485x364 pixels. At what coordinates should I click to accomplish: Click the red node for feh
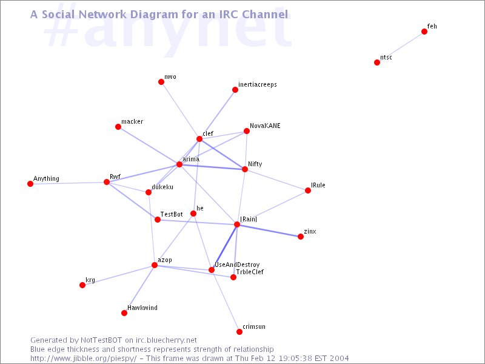424,32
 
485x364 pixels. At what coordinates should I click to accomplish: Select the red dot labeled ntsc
376,62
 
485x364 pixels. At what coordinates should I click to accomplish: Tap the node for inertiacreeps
235,90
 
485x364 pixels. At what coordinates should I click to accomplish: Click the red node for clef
199,139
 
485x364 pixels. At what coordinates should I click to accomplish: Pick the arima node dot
179,164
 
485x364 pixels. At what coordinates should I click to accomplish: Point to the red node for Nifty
245,169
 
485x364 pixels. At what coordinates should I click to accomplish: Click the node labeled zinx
300,237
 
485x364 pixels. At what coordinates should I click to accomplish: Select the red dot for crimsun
239,332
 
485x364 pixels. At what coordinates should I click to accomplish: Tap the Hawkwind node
124,313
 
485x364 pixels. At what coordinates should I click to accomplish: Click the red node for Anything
30,184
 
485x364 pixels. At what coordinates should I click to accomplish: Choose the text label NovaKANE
265,126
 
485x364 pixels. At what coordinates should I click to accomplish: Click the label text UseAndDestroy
237,265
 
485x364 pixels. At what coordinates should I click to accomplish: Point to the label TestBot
172,214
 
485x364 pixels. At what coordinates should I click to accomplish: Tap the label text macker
132,122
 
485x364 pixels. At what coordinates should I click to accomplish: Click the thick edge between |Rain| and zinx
269,231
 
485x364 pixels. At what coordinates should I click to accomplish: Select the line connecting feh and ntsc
401,47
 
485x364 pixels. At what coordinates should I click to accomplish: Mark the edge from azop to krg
118,275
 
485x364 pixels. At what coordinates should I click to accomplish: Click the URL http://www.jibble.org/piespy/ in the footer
83,359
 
